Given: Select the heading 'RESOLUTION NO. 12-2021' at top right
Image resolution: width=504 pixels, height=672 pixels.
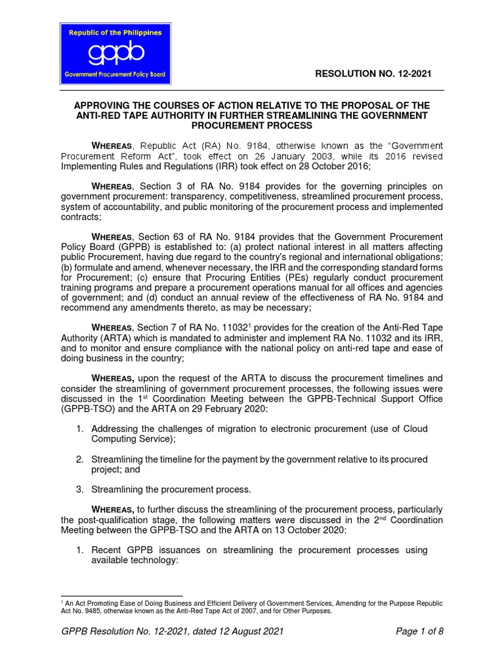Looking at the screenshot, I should pyautogui.click(x=373, y=73).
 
